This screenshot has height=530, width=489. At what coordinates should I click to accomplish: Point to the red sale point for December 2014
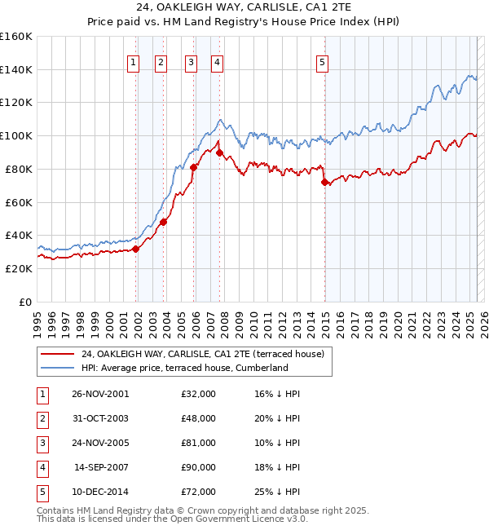[325, 182]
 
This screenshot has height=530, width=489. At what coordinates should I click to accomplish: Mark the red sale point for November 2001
[136, 249]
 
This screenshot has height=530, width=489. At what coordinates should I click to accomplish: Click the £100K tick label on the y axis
[16, 135]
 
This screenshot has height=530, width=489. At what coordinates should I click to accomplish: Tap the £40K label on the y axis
[19, 236]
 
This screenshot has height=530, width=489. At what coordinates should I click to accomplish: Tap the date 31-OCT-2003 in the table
[99, 418]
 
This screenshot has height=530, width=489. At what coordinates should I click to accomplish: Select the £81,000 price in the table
[198, 443]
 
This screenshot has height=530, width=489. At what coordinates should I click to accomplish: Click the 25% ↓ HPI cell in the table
[276, 492]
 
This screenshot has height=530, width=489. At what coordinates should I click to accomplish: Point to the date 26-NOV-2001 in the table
[99, 394]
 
